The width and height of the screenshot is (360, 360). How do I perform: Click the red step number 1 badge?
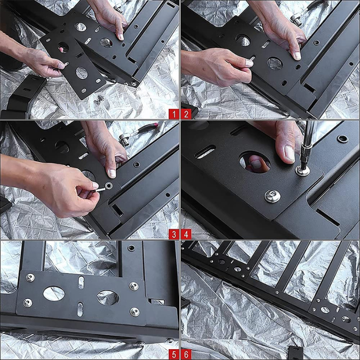tap(174, 114)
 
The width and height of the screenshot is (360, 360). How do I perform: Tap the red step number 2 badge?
tap(186, 114)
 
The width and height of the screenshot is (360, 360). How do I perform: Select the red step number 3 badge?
tap(174, 234)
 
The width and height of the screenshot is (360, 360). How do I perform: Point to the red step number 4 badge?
tap(186, 234)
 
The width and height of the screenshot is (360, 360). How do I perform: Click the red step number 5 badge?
tap(174, 355)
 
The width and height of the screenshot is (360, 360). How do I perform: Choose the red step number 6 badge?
tap(186, 355)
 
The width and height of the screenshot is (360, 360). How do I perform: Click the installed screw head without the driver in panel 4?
tap(272, 196)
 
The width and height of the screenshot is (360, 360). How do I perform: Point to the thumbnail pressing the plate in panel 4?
tap(289, 153)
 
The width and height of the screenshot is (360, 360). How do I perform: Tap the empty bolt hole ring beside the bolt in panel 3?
tap(108, 185)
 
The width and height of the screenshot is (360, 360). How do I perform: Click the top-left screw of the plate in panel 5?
tap(30, 278)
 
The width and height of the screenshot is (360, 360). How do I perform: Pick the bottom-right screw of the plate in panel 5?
tap(135, 312)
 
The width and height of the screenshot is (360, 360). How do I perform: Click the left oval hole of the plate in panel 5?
tap(54, 293)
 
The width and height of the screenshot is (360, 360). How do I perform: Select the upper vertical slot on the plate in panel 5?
tap(81, 282)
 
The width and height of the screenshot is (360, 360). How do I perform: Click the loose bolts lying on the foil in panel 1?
tap(99, 99)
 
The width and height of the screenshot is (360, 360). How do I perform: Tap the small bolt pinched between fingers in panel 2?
tap(252, 59)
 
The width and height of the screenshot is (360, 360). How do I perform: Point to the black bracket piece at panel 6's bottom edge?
tap(296, 353)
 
